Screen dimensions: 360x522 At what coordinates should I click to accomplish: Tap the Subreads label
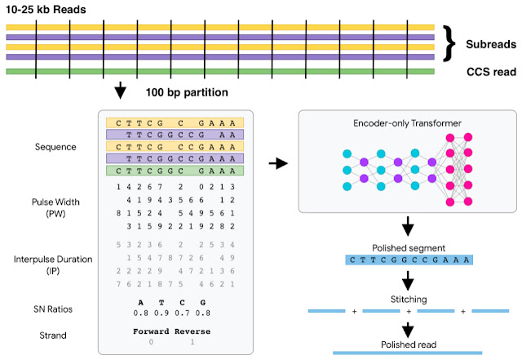(x=489, y=43)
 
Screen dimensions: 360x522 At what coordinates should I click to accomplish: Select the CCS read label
(x=489, y=72)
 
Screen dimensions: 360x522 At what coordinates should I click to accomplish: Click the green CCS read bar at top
(x=219, y=72)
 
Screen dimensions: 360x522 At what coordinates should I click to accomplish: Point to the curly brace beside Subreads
(x=449, y=43)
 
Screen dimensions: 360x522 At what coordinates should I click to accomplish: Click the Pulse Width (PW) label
(x=53, y=207)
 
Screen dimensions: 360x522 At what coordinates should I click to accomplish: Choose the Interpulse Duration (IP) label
(x=53, y=260)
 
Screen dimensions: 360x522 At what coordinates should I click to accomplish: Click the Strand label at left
(x=53, y=335)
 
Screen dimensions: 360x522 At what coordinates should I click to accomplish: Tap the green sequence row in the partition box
(x=174, y=171)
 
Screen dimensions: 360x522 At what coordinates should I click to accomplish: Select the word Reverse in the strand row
(x=192, y=331)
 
